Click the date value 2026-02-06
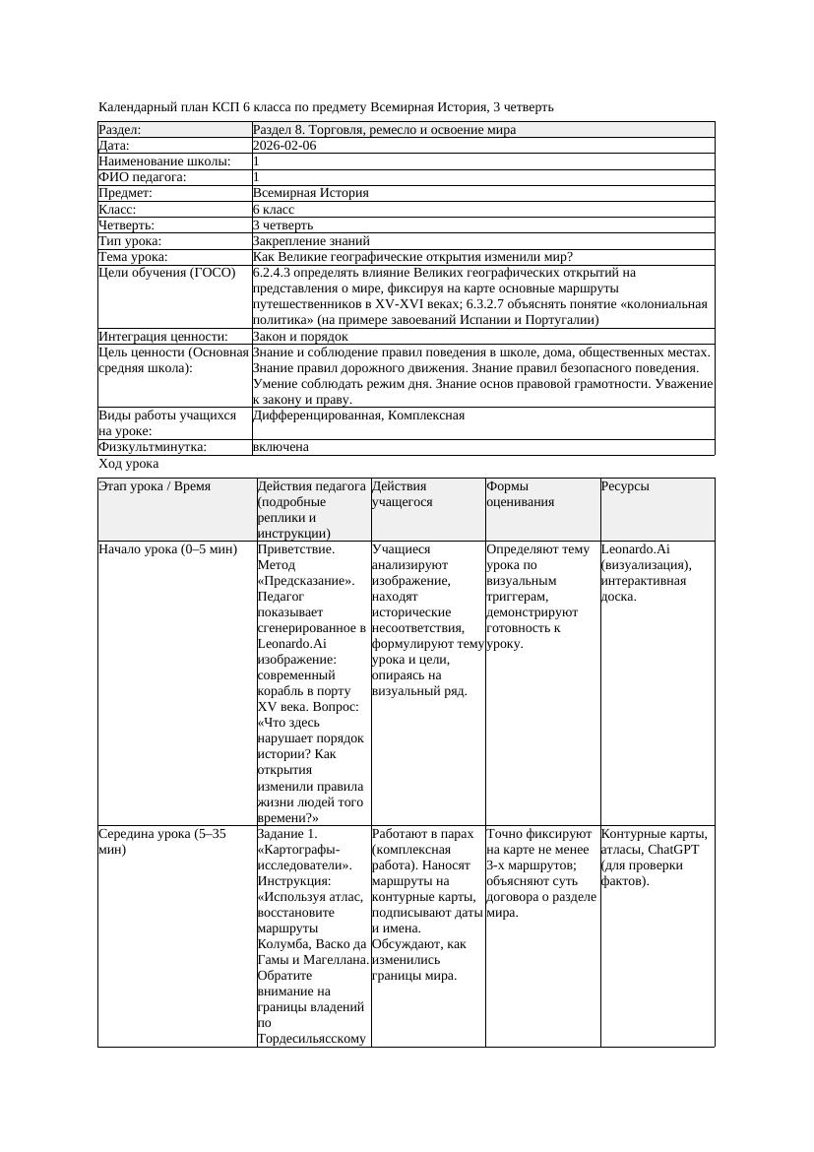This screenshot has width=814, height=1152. [x=284, y=146]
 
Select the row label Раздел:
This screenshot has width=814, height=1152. [x=120, y=130]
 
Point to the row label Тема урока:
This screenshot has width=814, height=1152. [x=134, y=257]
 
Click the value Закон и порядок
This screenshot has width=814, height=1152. [x=300, y=337]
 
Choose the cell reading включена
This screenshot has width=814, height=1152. [x=281, y=447]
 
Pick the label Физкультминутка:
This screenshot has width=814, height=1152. [x=153, y=447]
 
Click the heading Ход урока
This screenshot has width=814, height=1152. [x=129, y=464]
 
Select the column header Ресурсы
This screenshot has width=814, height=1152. [x=625, y=486]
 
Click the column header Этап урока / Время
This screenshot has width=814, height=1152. [x=155, y=486]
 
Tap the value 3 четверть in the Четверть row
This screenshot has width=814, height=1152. [x=285, y=225]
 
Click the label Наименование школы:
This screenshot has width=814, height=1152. [x=165, y=161]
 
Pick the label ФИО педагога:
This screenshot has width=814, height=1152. [x=144, y=177]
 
